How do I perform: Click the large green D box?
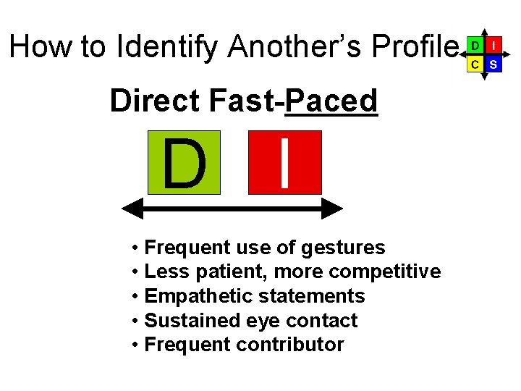click(x=184, y=163)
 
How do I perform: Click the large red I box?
click(x=285, y=163)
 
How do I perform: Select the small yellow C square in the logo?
click(x=474, y=64)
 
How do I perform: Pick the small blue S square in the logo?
click(x=493, y=64)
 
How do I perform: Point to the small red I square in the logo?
click(x=493, y=45)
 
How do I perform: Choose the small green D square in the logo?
click(x=474, y=45)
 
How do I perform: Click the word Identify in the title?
click(x=166, y=47)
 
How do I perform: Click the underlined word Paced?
click(x=331, y=101)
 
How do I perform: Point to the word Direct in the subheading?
click(x=155, y=101)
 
